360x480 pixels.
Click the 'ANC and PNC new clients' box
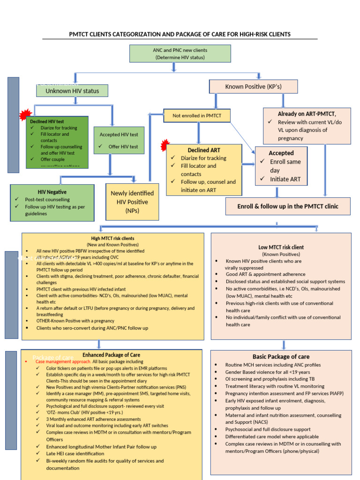pos(180,53)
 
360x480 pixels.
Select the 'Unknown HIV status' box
pos(72,91)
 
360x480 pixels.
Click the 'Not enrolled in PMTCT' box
pos(196,115)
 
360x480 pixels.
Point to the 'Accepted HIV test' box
pos(119,140)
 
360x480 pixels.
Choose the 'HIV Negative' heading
pos(52,192)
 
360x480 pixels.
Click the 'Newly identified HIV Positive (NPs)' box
pos(132,202)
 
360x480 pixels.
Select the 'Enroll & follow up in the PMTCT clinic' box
pos(287,206)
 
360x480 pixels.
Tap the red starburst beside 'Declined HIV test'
pos(25,115)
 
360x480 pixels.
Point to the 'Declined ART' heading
pos(204,150)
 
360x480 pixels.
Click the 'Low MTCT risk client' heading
pos(281,247)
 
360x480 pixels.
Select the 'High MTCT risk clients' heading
pos(112,238)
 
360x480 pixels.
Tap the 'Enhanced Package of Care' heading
pos(111,355)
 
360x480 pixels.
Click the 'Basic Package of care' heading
pos(281,357)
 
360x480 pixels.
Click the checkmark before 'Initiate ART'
pos(262,179)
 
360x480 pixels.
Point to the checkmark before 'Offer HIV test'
pos(101,147)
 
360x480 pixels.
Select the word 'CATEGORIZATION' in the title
pos(142,34)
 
